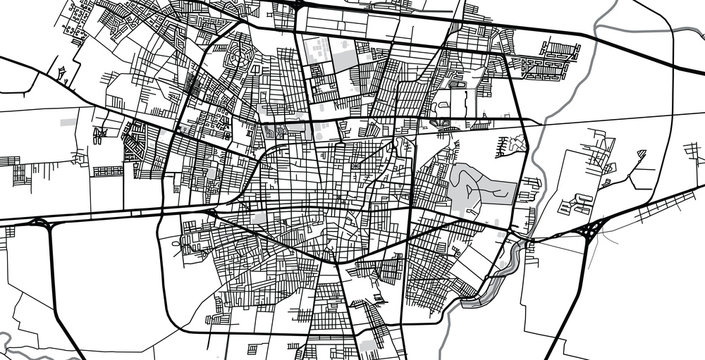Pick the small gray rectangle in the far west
68,121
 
